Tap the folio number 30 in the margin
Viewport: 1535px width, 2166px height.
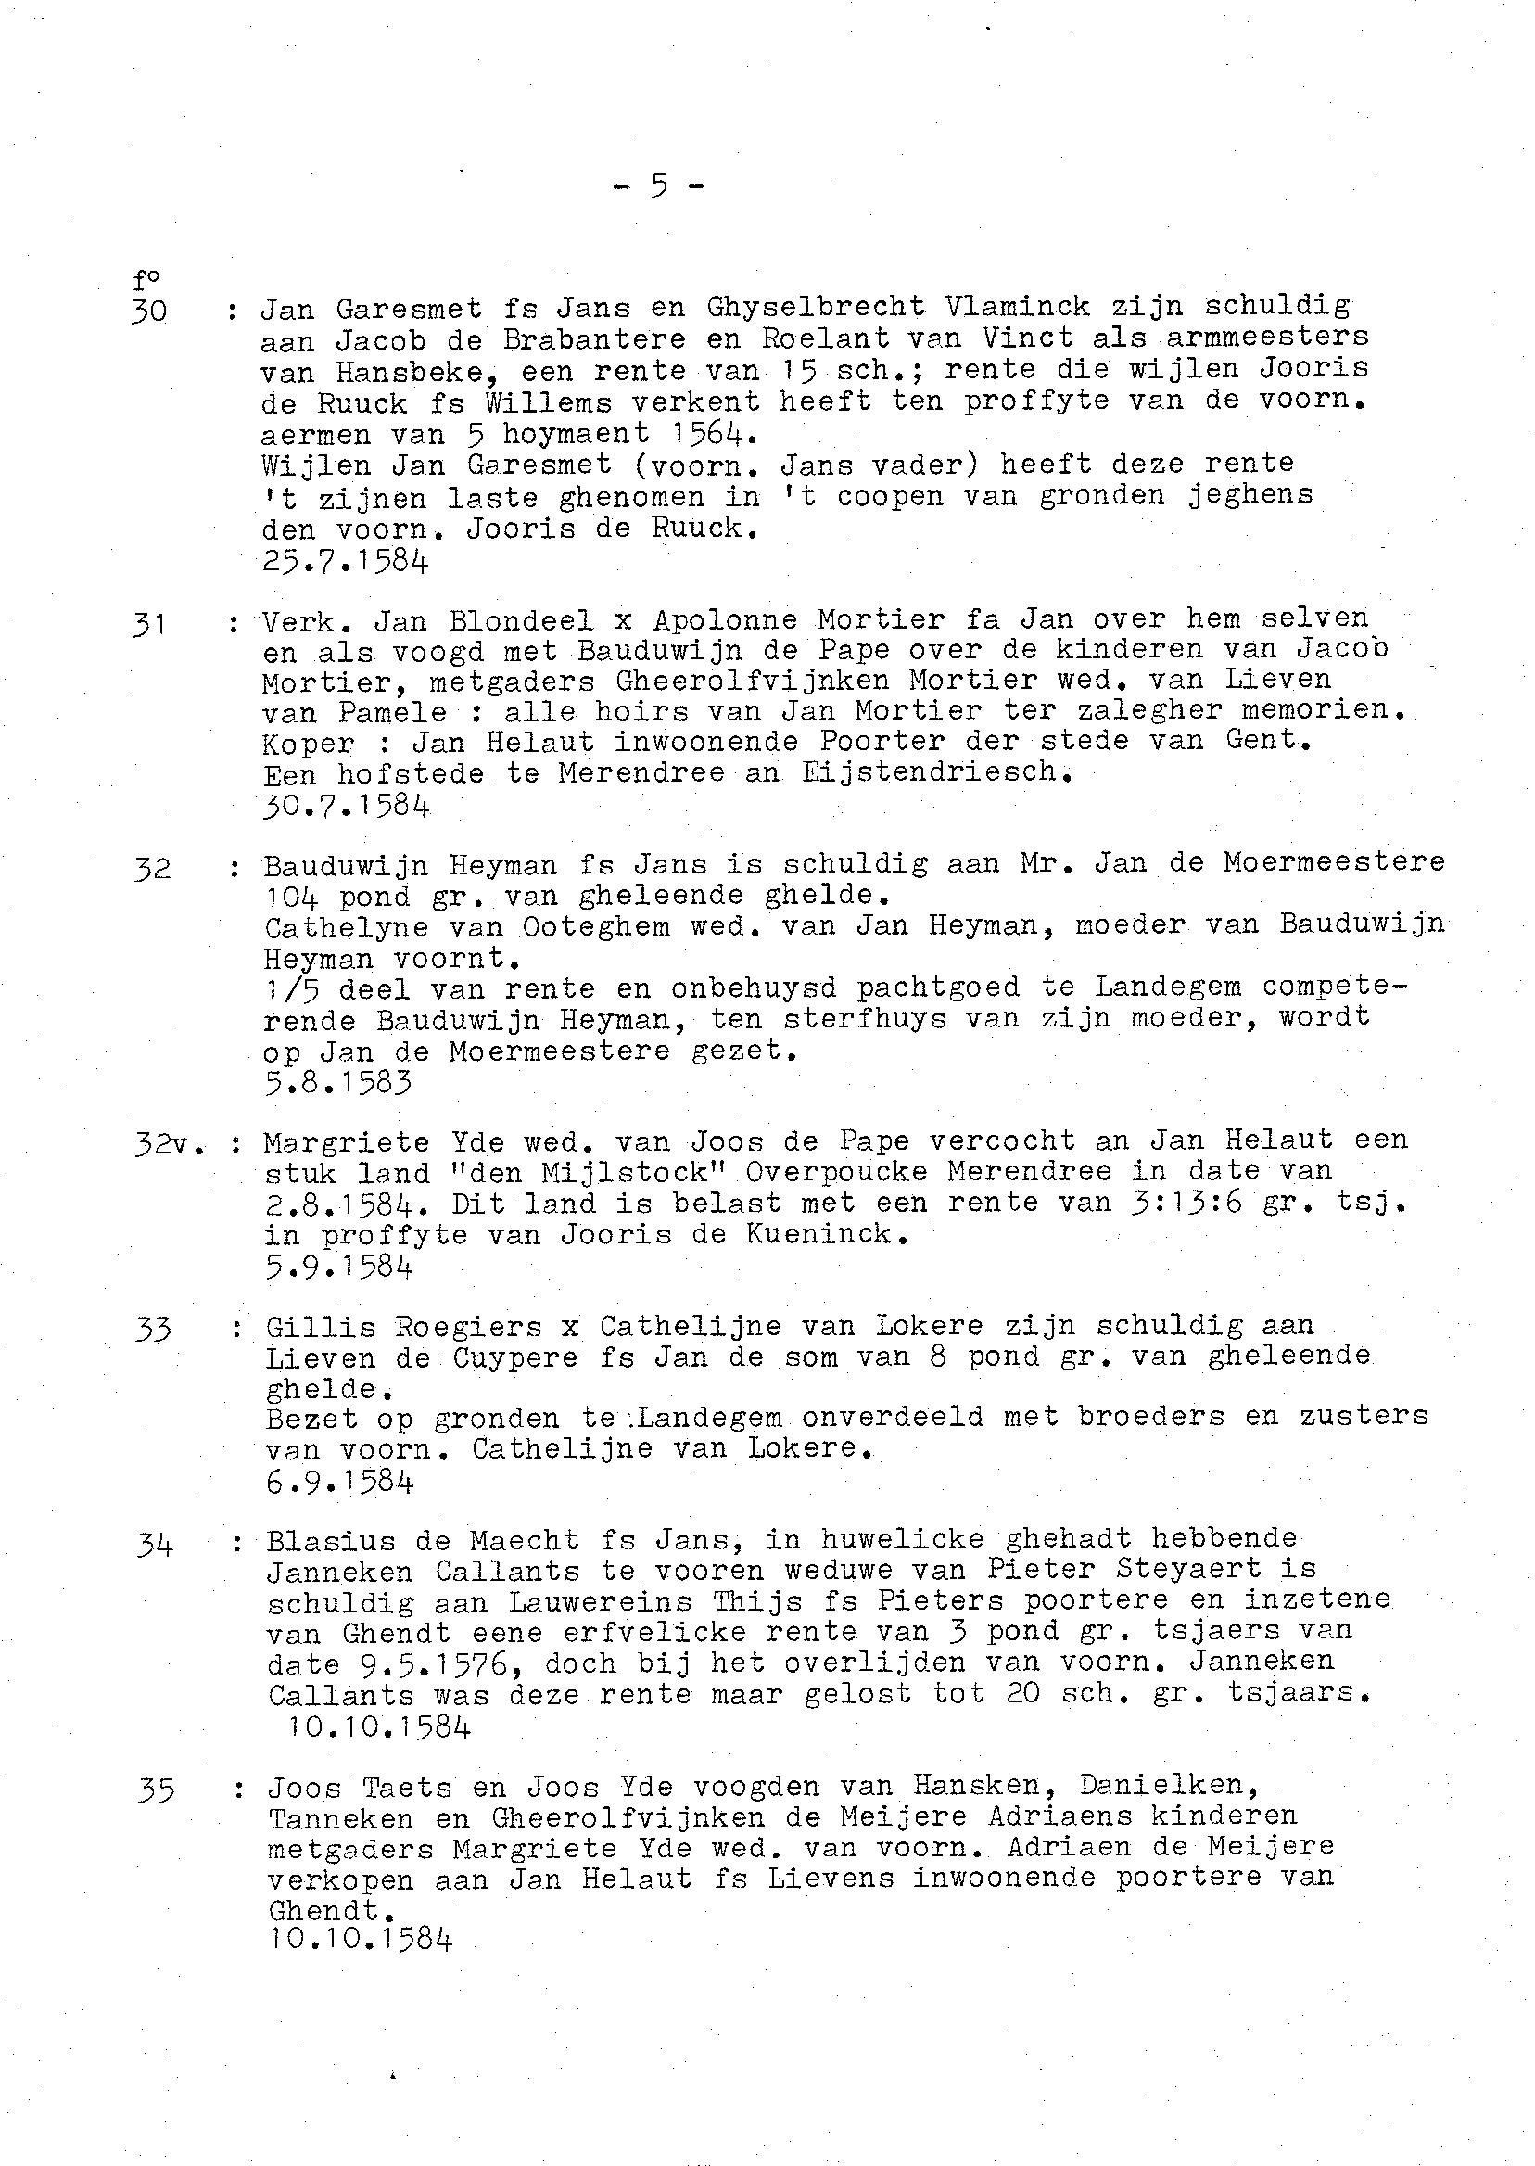tap(150, 309)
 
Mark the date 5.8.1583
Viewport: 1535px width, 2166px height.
tap(338, 1081)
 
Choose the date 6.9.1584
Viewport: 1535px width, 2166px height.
tap(340, 1482)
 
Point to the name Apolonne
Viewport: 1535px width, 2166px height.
tap(725, 619)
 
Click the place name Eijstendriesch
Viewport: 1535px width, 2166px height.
tap(938, 772)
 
